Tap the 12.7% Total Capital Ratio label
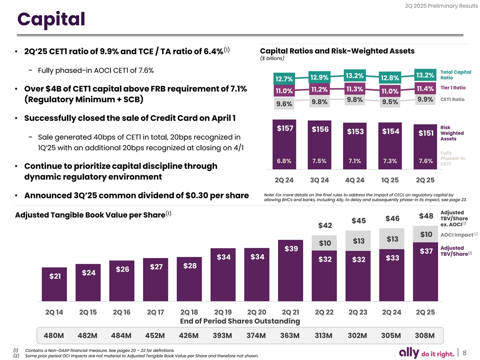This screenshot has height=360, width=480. pos(283,79)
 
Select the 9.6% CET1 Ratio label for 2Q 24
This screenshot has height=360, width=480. pos(283,104)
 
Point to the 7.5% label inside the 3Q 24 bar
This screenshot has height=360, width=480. pos(319,160)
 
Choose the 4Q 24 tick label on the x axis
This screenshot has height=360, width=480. pos(354,180)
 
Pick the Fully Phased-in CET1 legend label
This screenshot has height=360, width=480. pos(453,158)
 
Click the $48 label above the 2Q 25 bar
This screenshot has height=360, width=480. pos(425,216)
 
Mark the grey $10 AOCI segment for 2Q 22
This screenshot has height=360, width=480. pos(325,243)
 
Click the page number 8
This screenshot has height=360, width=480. pos(465,353)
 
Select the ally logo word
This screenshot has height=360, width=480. pos(412,352)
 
